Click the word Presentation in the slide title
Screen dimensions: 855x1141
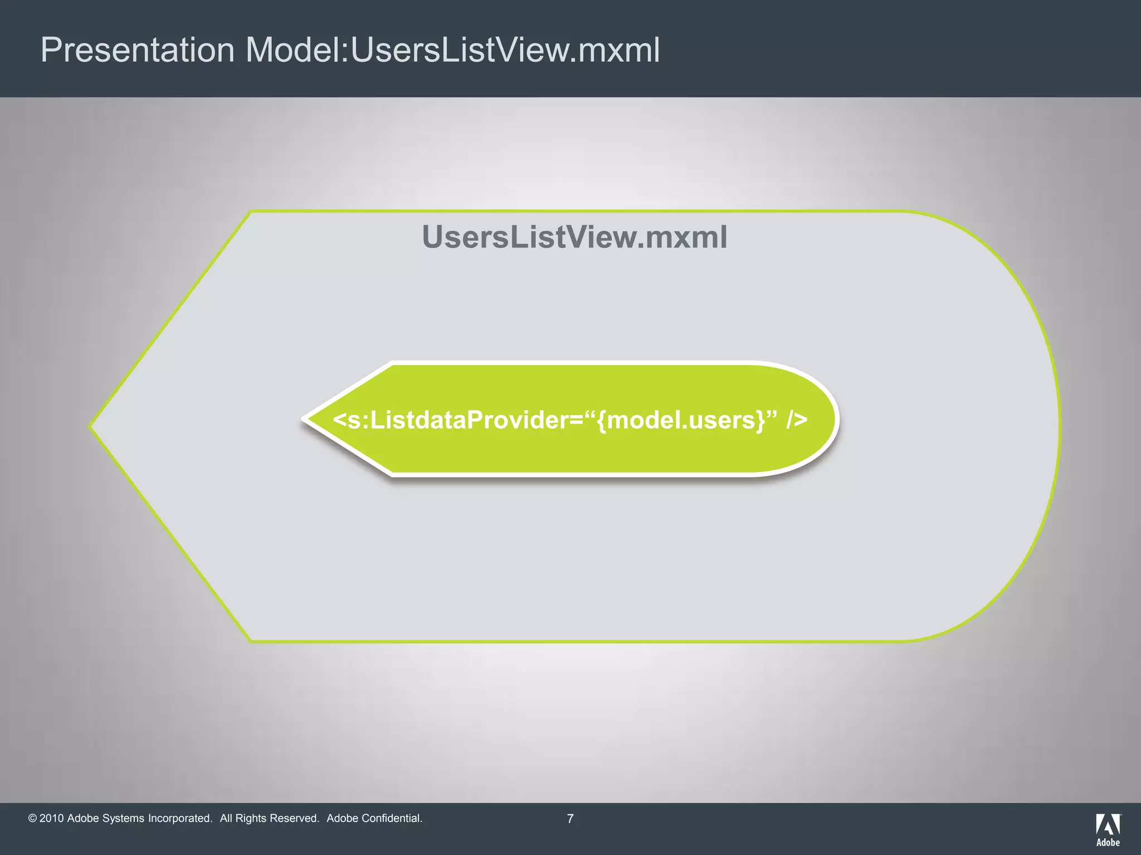click(137, 50)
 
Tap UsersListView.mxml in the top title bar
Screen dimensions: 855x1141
click(505, 50)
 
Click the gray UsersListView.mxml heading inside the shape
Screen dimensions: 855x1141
click(574, 237)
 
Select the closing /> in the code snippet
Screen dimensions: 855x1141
click(797, 420)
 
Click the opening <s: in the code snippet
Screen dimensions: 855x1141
click(349, 420)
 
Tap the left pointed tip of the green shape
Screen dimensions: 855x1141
click(306, 419)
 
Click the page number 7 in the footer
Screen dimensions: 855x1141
click(570, 819)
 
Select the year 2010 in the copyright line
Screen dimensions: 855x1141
click(51, 818)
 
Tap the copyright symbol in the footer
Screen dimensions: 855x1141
click(32, 818)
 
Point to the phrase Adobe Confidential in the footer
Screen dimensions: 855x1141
click(374, 818)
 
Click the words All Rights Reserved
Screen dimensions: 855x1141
click(269, 818)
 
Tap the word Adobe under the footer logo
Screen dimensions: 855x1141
click(1108, 842)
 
